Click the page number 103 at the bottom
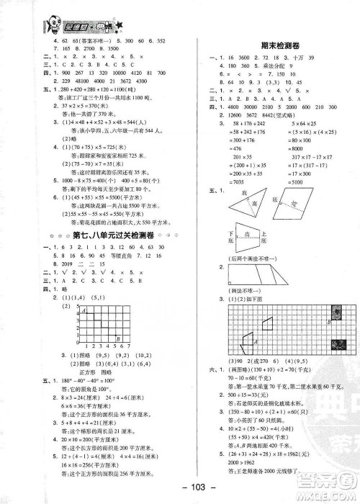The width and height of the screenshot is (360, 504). coord(180,487)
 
